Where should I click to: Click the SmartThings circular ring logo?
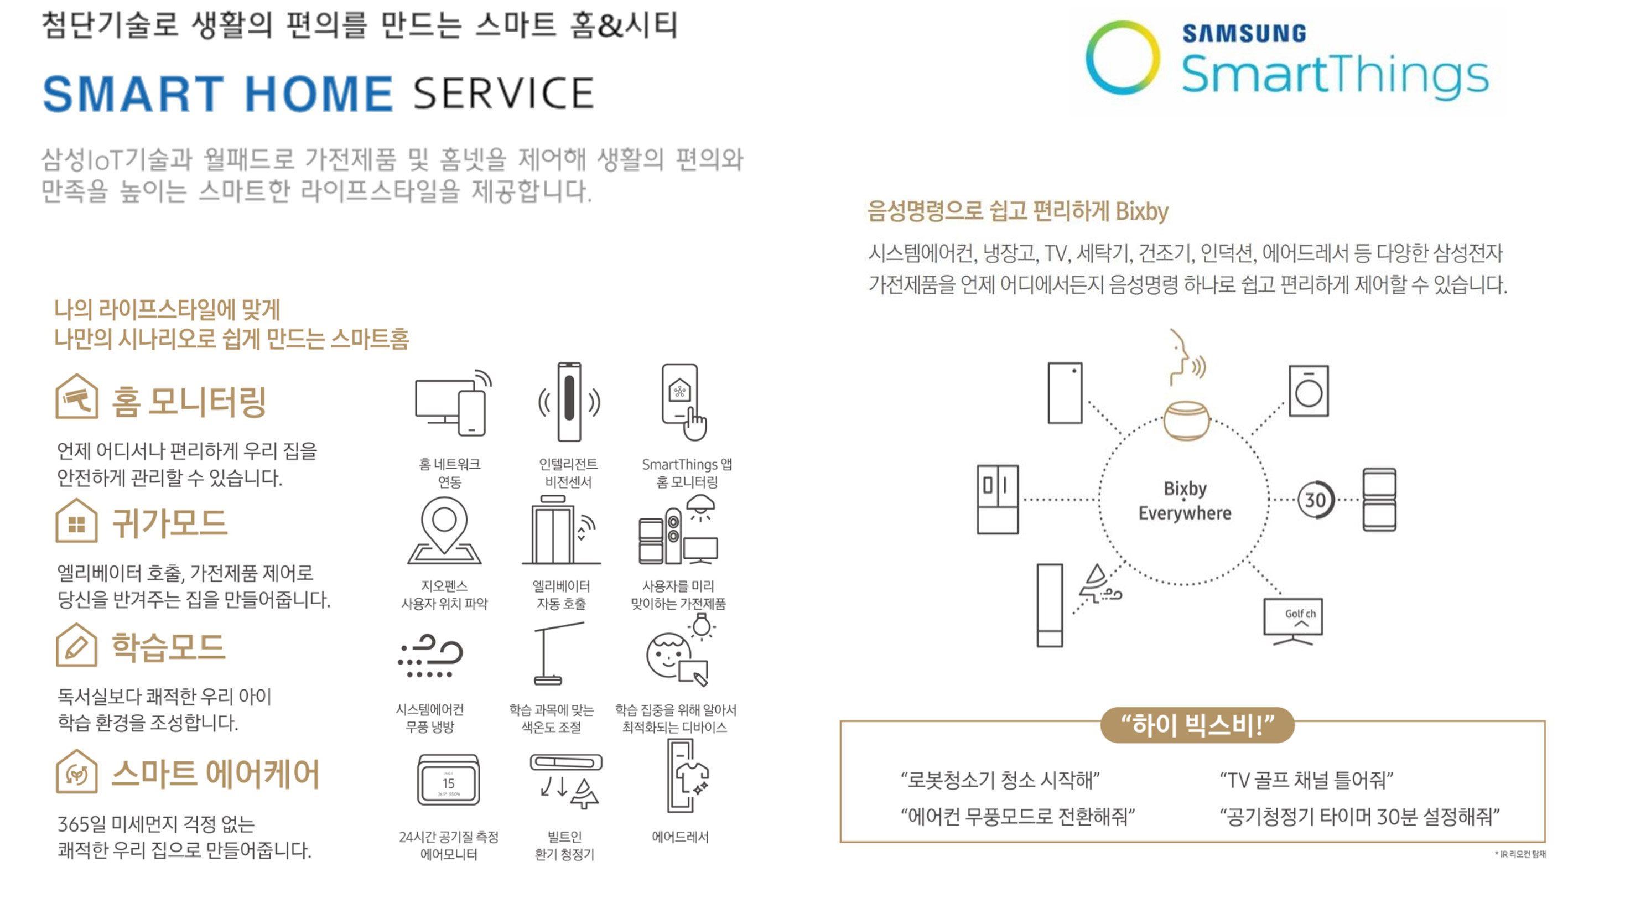click(x=1122, y=58)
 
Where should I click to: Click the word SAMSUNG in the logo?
click(x=1243, y=33)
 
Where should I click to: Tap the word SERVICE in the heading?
click(x=503, y=94)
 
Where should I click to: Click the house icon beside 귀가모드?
click(x=76, y=521)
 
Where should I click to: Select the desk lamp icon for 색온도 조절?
click(x=553, y=653)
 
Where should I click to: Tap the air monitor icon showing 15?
click(x=448, y=781)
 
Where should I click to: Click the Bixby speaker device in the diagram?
click(x=1186, y=421)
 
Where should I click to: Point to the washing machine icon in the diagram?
click(x=1308, y=391)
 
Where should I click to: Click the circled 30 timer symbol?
click(x=1315, y=500)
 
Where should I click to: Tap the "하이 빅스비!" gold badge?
click(x=1197, y=725)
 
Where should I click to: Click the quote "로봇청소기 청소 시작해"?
click(x=1000, y=780)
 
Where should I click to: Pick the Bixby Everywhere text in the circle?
click(x=1185, y=500)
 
